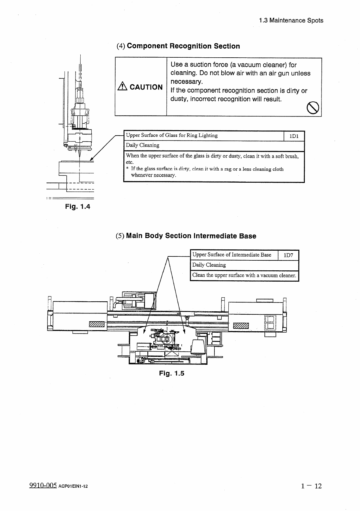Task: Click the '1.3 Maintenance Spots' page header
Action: coord(291,21)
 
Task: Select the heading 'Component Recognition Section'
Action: coord(183,46)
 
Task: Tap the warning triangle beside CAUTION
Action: coord(123,87)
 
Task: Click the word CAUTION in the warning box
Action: coord(146,87)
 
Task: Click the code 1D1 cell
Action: coord(294,136)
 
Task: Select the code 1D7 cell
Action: coord(288,255)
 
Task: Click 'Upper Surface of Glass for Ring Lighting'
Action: coord(172,135)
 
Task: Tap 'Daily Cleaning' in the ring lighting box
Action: coord(143,145)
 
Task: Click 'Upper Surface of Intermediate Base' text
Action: coord(232,255)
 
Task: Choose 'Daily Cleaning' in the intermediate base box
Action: coord(209,265)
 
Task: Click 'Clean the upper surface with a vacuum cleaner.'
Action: coord(244,276)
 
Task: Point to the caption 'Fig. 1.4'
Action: coord(78,207)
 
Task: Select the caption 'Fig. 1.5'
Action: coord(172,373)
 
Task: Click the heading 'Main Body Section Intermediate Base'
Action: coord(191,236)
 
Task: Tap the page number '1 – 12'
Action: coord(311,486)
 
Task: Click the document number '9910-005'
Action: coord(43,486)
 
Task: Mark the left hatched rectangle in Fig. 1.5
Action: coord(96,324)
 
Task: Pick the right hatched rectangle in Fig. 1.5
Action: coord(241,326)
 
